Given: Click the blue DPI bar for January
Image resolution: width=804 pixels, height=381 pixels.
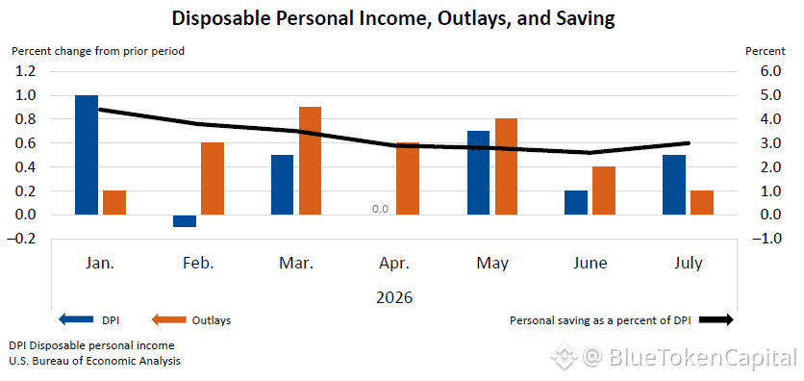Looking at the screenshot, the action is click(x=87, y=155).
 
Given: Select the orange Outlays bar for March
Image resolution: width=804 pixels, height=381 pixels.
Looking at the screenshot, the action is click(x=311, y=161).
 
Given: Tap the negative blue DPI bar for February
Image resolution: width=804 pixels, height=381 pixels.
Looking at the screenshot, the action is click(x=185, y=221).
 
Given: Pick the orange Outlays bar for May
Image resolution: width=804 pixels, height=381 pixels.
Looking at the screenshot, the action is click(x=506, y=166).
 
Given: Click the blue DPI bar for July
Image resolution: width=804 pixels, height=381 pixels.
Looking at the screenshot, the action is click(x=674, y=185).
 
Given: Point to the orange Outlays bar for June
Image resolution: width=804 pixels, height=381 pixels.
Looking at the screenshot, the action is click(x=604, y=190).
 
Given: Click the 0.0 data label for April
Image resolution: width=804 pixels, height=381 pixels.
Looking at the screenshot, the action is click(x=381, y=209).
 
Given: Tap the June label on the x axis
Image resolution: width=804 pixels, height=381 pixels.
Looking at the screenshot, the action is click(x=590, y=264).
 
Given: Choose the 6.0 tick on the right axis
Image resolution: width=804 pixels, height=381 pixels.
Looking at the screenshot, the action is click(x=770, y=71).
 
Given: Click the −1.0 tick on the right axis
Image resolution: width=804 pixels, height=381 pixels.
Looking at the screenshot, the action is click(x=766, y=239).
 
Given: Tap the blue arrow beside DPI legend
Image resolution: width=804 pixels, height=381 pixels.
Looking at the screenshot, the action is click(x=76, y=320).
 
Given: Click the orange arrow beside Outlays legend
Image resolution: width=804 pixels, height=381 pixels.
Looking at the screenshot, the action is click(x=168, y=320).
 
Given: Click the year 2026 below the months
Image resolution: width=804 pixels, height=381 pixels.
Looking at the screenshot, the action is click(x=393, y=297).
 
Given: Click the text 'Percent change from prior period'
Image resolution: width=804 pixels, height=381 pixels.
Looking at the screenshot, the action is click(x=98, y=51).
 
